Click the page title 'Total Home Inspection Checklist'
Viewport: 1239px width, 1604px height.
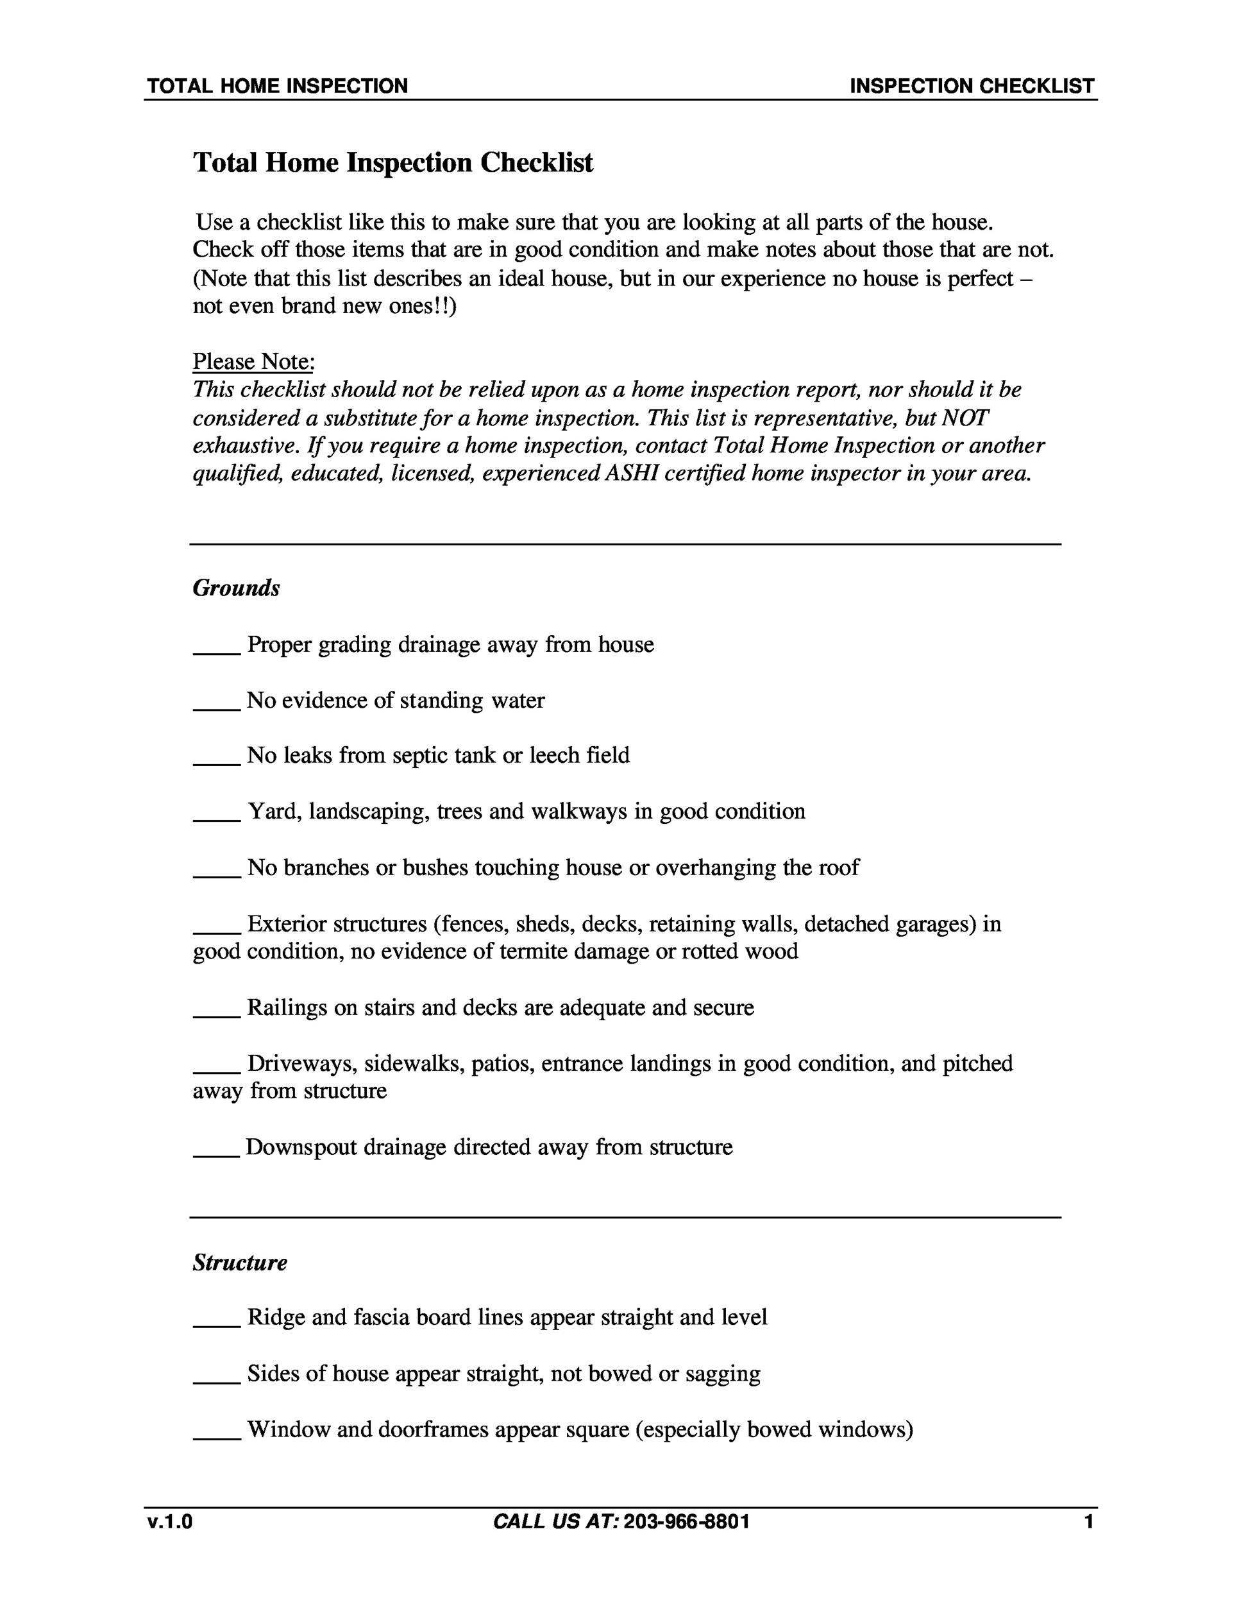pyautogui.click(x=392, y=162)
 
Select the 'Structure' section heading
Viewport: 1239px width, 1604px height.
pyautogui.click(x=240, y=1263)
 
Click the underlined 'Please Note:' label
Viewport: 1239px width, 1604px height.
pyautogui.click(x=253, y=361)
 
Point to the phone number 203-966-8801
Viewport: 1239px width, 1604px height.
pyautogui.click(x=686, y=1521)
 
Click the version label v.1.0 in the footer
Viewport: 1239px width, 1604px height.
pyautogui.click(x=169, y=1521)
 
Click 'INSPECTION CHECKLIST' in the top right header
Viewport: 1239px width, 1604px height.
pyautogui.click(x=972, y=86)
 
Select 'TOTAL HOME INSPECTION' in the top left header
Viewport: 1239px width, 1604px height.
pyautogui.click(x=278, y=86)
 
